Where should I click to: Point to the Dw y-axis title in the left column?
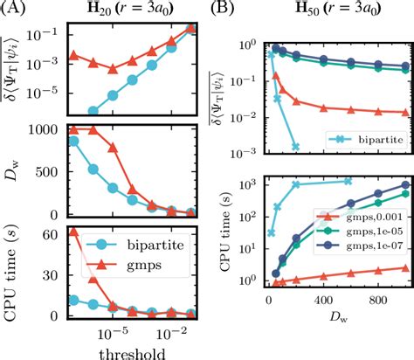[x=17, y=170]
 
